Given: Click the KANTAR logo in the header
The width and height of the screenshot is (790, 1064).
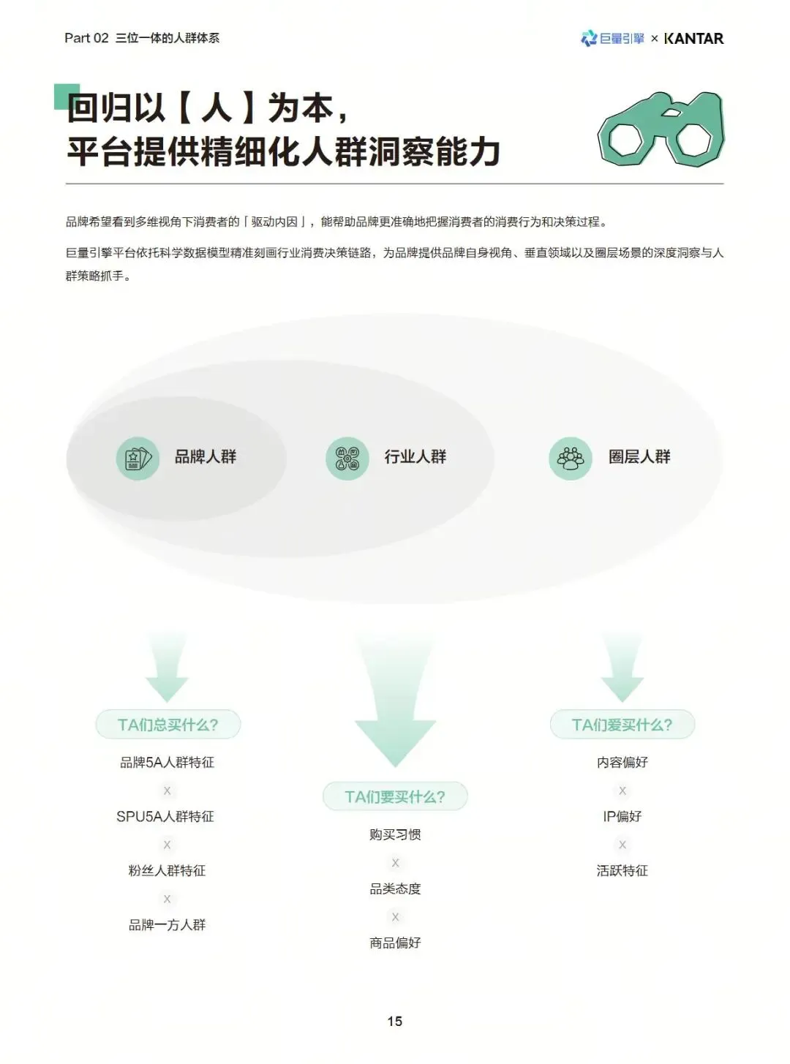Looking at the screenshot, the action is pos(693,39).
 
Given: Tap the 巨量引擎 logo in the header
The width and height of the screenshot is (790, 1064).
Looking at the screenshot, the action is pos(612,39).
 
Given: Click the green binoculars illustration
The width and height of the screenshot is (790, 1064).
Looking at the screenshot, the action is pos(661,129).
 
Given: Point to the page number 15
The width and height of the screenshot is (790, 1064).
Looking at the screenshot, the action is pos(395,1021).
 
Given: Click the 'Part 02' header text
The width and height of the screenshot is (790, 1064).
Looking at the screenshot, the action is pos(86,38).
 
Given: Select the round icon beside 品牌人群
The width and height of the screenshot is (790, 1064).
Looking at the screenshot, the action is pos(138,459).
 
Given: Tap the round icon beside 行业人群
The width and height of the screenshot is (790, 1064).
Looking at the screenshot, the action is pos(347,459).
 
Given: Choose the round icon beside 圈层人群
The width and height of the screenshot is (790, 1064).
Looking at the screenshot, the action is pos(571,459).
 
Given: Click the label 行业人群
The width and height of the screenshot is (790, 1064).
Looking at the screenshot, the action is pos(415,457).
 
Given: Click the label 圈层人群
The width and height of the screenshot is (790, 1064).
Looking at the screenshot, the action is pos(639,457).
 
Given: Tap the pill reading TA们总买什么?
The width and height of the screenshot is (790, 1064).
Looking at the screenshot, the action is pos(168,725).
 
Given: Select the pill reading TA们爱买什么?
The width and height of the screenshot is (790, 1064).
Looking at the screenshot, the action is pos(622,725).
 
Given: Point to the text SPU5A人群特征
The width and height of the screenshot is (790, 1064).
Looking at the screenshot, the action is pos(165,817).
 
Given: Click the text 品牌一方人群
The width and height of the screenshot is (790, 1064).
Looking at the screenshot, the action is pos(168,925).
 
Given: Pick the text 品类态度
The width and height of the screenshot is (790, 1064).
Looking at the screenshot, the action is pos(395,889).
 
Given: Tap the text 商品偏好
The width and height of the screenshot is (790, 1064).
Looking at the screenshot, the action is pos(395,943).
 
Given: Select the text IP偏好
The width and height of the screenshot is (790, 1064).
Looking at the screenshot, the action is pos(622,817).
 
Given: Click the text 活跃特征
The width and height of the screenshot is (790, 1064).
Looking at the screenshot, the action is pos(622,871).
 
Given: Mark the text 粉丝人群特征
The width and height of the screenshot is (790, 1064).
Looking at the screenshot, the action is pos(168,871).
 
